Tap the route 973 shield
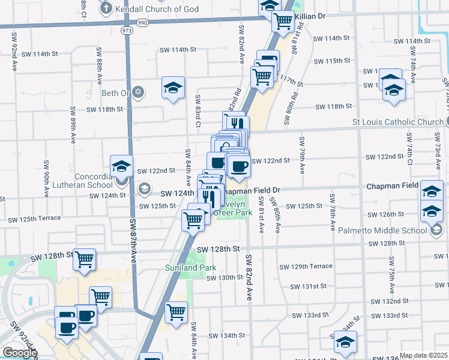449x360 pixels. pyautogui.click(x=126, y=29)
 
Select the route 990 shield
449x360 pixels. pyautogui.click(x=142, y=22)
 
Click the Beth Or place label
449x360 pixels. pyautogui.click(x=116, y=92)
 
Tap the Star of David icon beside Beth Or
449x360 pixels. pyautogui.click(x=139, y=92)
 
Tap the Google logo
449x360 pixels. pyautogui.click(x=20, y=353)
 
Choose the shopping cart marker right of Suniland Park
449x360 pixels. pyautogui.click(x=176, y=311)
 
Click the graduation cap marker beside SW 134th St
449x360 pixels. pyautogui.click(x=345, y=341)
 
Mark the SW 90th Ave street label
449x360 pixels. pyautogui.click(x=46, y=179)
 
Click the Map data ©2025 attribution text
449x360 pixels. pyautogui.click(x=424, y=355)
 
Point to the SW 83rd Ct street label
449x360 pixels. pyautogui.click(x=197, y=110)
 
